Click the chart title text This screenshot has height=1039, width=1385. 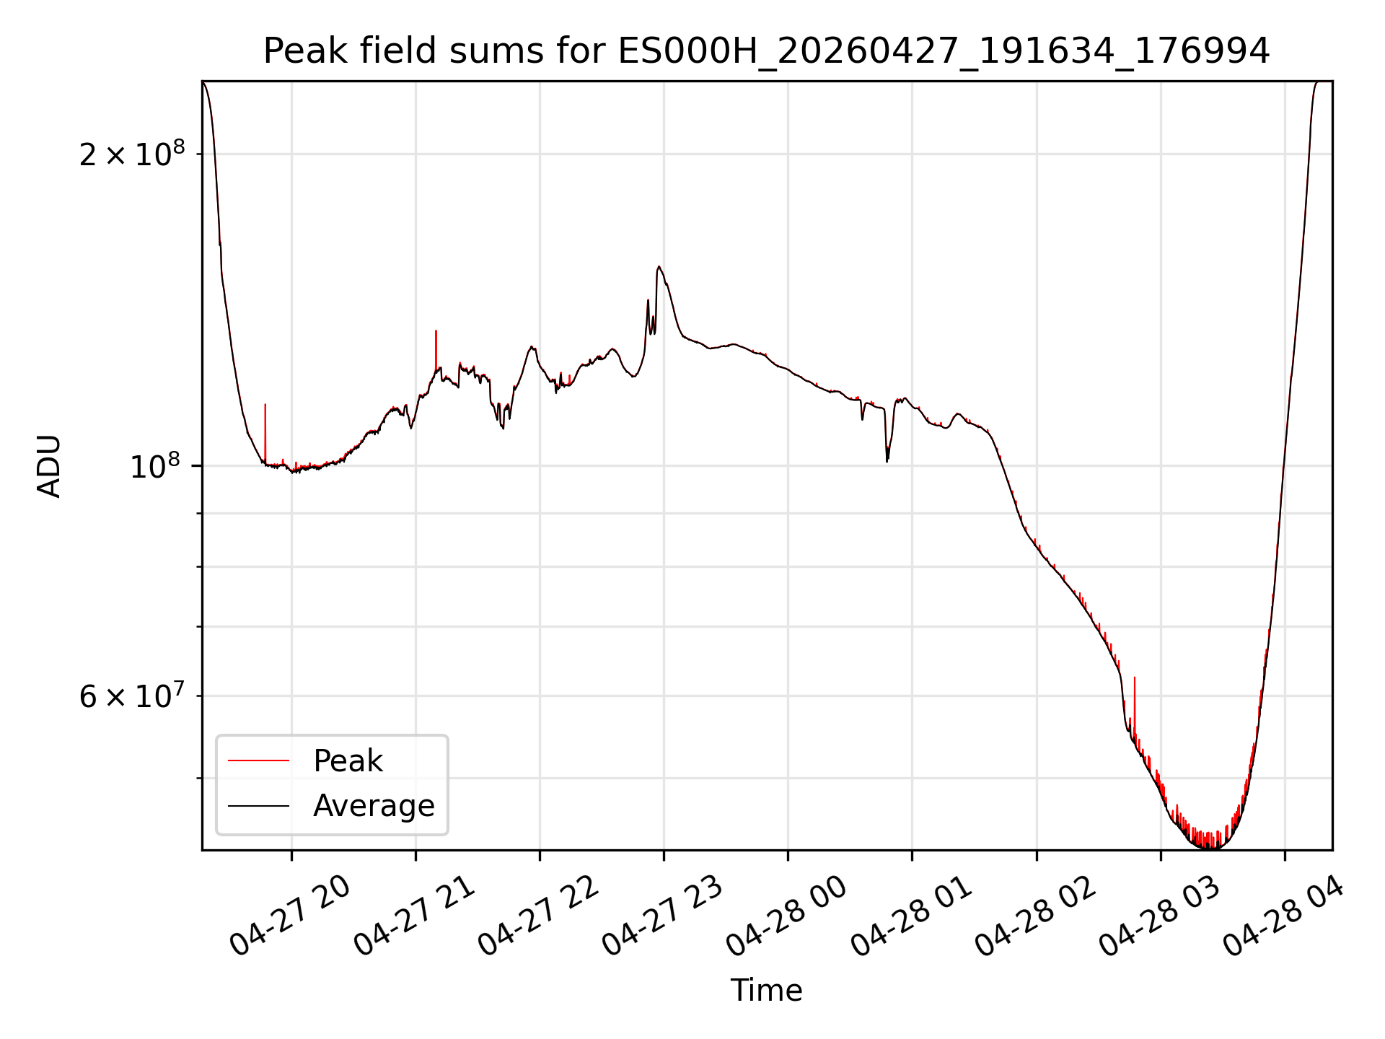(766, 51)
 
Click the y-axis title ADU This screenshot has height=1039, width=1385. (49, 466)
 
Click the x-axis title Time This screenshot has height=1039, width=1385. (766, 991)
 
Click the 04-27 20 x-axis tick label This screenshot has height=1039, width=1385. (290, 916)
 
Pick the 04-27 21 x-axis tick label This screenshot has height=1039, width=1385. (414, 916)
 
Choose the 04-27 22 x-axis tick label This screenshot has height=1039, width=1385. (538, 916)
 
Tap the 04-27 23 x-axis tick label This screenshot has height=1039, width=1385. (662, 916)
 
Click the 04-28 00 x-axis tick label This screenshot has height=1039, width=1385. (786, 916)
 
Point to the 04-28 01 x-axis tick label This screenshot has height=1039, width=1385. (911, 916)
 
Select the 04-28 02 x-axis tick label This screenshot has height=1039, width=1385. (1035, 916)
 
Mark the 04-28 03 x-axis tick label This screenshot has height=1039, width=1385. (1159, 916)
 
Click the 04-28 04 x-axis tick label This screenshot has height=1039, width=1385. (1283, 916)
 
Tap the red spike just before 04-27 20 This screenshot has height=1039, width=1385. (265, 433)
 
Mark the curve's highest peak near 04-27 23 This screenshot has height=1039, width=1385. (659, 267)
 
